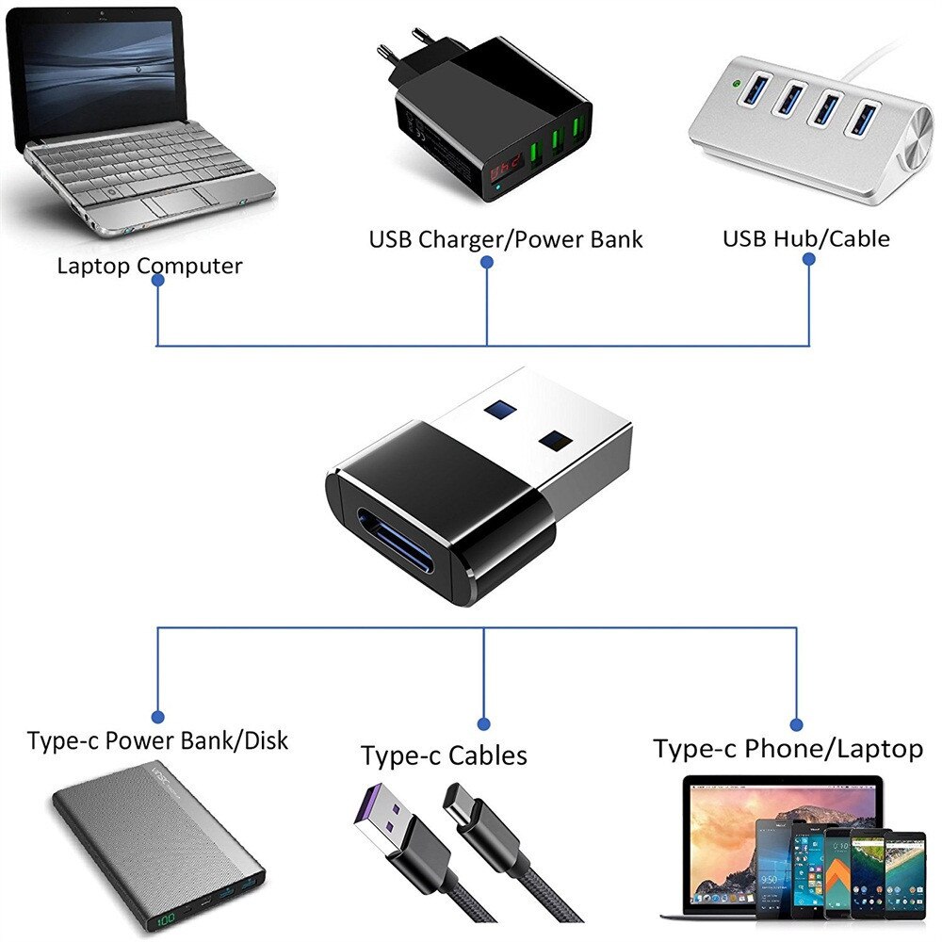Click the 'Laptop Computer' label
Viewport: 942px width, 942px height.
point(149,266)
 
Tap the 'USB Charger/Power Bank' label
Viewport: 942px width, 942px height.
point(505,239)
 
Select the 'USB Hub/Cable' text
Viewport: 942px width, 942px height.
point(805,238)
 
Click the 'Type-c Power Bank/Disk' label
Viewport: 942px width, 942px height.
point(157,740)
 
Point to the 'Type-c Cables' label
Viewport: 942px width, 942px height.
point(444,755)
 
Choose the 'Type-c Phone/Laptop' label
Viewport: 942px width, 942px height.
point(788,750)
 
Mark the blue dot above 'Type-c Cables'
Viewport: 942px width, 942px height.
point(483,724)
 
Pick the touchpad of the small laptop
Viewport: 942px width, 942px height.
point(175,202)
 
